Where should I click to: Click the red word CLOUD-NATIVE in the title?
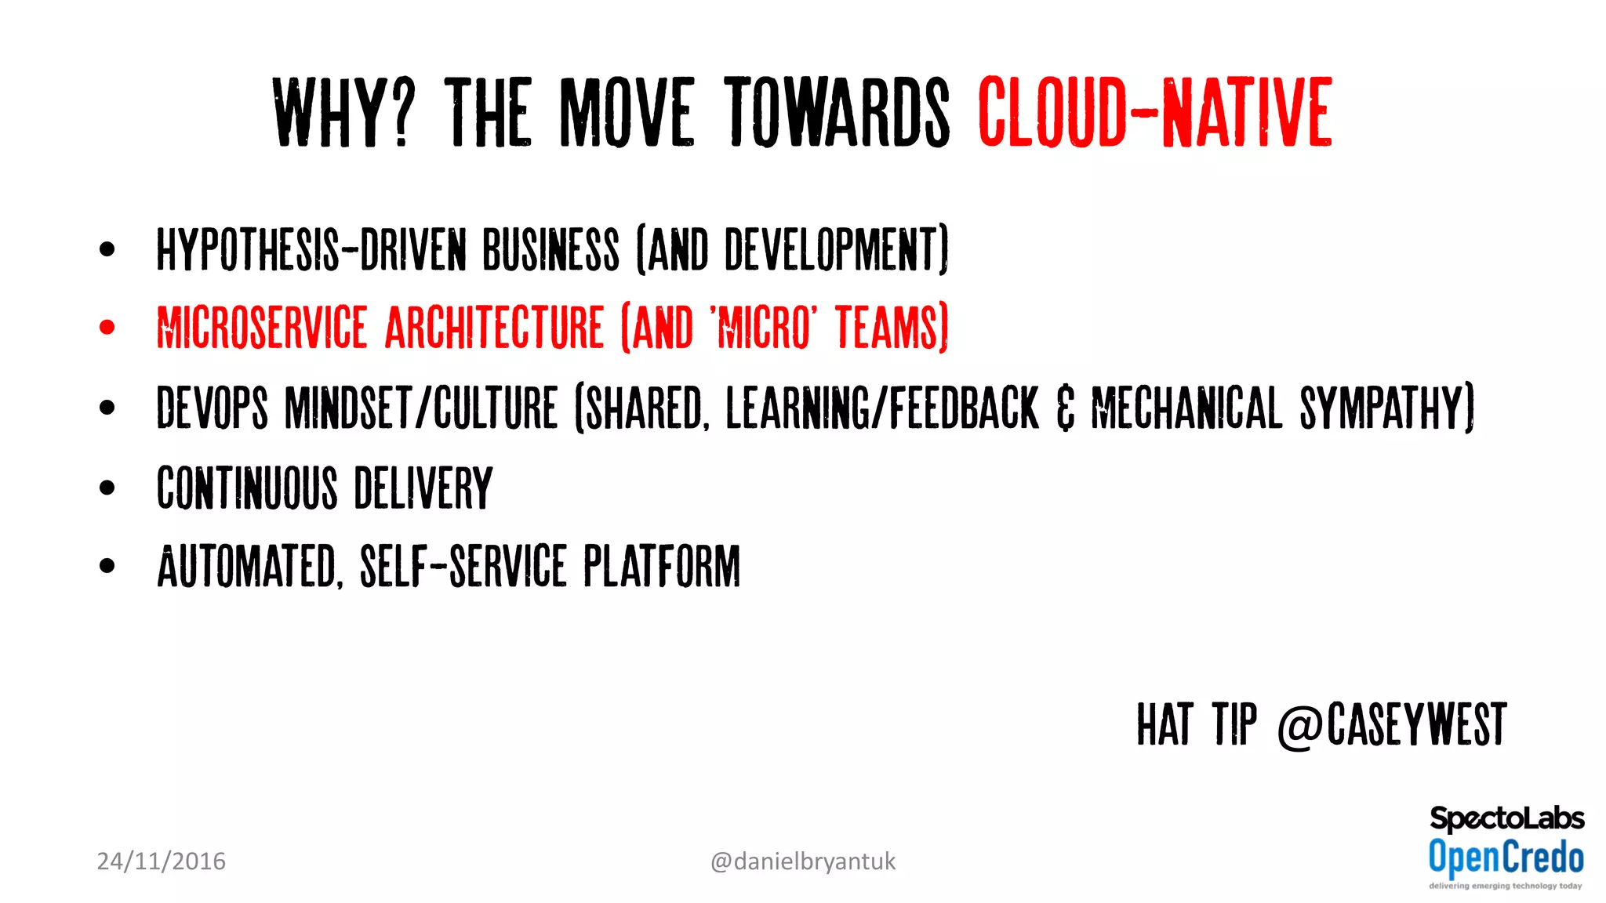coord(1154,112)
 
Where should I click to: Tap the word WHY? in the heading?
coord(343,112)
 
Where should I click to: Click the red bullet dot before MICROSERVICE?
coord(107,327)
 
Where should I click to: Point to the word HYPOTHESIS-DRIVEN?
coord(311,250)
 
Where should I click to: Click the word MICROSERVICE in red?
coord(262,327)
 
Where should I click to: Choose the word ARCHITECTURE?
coord(494,327)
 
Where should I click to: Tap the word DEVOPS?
coord(212,408)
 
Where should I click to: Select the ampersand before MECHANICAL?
coord(1065,408)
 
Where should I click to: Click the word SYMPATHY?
coord(1386,408)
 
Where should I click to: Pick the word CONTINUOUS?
coord(247,488)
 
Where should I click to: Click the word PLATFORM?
coord(661,566)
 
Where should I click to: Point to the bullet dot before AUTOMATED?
coord(107,566)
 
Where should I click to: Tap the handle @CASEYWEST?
coord(1392,725)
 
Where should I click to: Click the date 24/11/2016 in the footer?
coord(161,861)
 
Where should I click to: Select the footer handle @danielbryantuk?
coord(802,861)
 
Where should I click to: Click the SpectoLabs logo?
coord(1506,818)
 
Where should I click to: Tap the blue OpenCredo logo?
coord(1506,857)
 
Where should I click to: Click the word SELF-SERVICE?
coord(463,566)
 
